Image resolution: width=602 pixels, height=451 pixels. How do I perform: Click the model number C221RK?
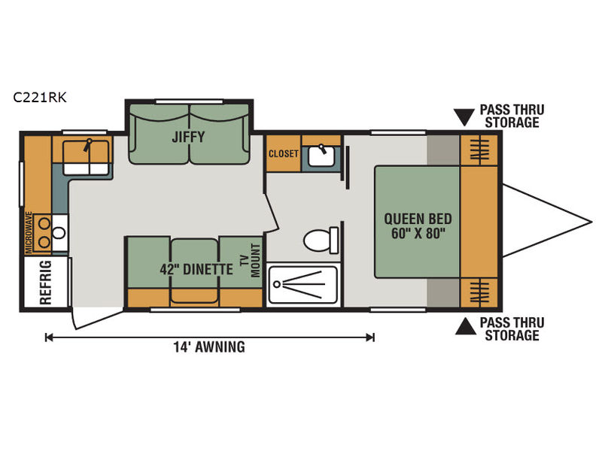coord(40,98)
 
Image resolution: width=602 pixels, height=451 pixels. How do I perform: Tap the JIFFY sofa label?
coord(188,137)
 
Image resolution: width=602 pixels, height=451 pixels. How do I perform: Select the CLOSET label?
coord(284,154)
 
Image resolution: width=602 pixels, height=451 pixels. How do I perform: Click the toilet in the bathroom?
coord(321,241)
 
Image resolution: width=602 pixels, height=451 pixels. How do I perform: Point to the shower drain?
coord(276,284)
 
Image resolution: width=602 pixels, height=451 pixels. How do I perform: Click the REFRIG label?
coord(45,283)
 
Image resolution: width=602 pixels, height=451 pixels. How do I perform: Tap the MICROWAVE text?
coord(29,232)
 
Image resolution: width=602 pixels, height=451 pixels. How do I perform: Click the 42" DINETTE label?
coord(196,269)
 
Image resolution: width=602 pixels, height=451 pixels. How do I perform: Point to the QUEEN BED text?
coord(418,219)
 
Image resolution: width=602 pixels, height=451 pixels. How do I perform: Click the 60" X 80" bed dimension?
coord(418,233)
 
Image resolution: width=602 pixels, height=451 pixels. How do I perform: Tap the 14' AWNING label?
coord(209,347)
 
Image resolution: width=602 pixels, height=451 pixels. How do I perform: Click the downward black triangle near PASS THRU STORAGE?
coord(464,117)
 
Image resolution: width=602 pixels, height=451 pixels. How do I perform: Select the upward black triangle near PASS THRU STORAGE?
coord(465,326)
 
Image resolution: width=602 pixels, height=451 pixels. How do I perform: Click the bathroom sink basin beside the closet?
coord(321,156)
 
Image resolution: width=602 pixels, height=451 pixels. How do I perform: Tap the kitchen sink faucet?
coord(88,144)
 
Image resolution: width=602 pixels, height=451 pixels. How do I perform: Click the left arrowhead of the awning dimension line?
coord(48,337)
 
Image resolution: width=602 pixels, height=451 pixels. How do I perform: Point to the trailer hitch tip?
coord(591,222)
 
